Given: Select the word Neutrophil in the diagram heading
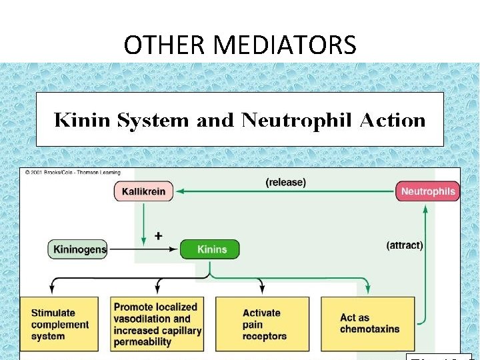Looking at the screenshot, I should pos(297,121).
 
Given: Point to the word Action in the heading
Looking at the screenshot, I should pos(393,121).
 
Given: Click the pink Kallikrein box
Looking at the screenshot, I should pos(143,191).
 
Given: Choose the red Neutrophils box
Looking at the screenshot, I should pos(428,191).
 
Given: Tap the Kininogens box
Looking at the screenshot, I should pos(78,249).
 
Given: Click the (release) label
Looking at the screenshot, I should pos(285,182).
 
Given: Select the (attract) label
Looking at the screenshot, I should pos(405,245).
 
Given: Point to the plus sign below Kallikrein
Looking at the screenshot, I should pos(159,236).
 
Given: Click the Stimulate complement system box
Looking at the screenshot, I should pos(60,325).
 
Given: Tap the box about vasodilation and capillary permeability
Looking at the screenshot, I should pos(157,325).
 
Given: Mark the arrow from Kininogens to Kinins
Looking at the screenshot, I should pos(143,249).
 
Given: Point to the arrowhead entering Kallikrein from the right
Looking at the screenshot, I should pos(178,192).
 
